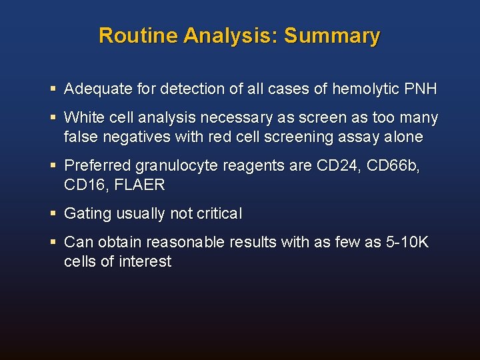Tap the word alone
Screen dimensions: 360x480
click(x=403, y=137)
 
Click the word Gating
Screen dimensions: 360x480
click(x=85, y=214)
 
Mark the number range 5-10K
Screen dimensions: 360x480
click(x=407, y=243)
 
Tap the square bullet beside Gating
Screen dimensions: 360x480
click(x=53, y=214)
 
